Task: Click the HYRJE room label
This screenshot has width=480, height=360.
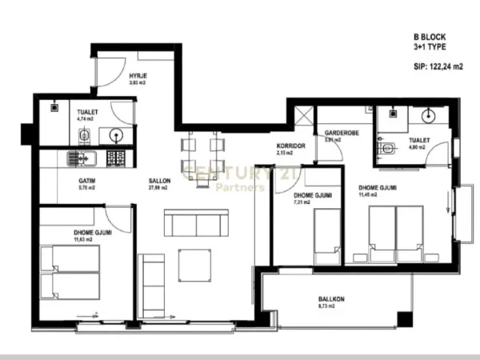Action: (137, 74)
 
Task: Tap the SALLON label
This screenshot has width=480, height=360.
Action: (159, 181)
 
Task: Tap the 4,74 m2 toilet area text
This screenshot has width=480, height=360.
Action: (86, 118)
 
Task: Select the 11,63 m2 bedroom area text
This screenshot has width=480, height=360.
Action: (90, 239)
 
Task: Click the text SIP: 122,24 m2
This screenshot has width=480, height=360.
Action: (438, 68)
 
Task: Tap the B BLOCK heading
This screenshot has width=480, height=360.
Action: (430, 37)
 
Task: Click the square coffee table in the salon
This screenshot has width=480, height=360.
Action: (195, 265)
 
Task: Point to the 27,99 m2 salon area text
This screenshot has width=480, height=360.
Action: (159, 189)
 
